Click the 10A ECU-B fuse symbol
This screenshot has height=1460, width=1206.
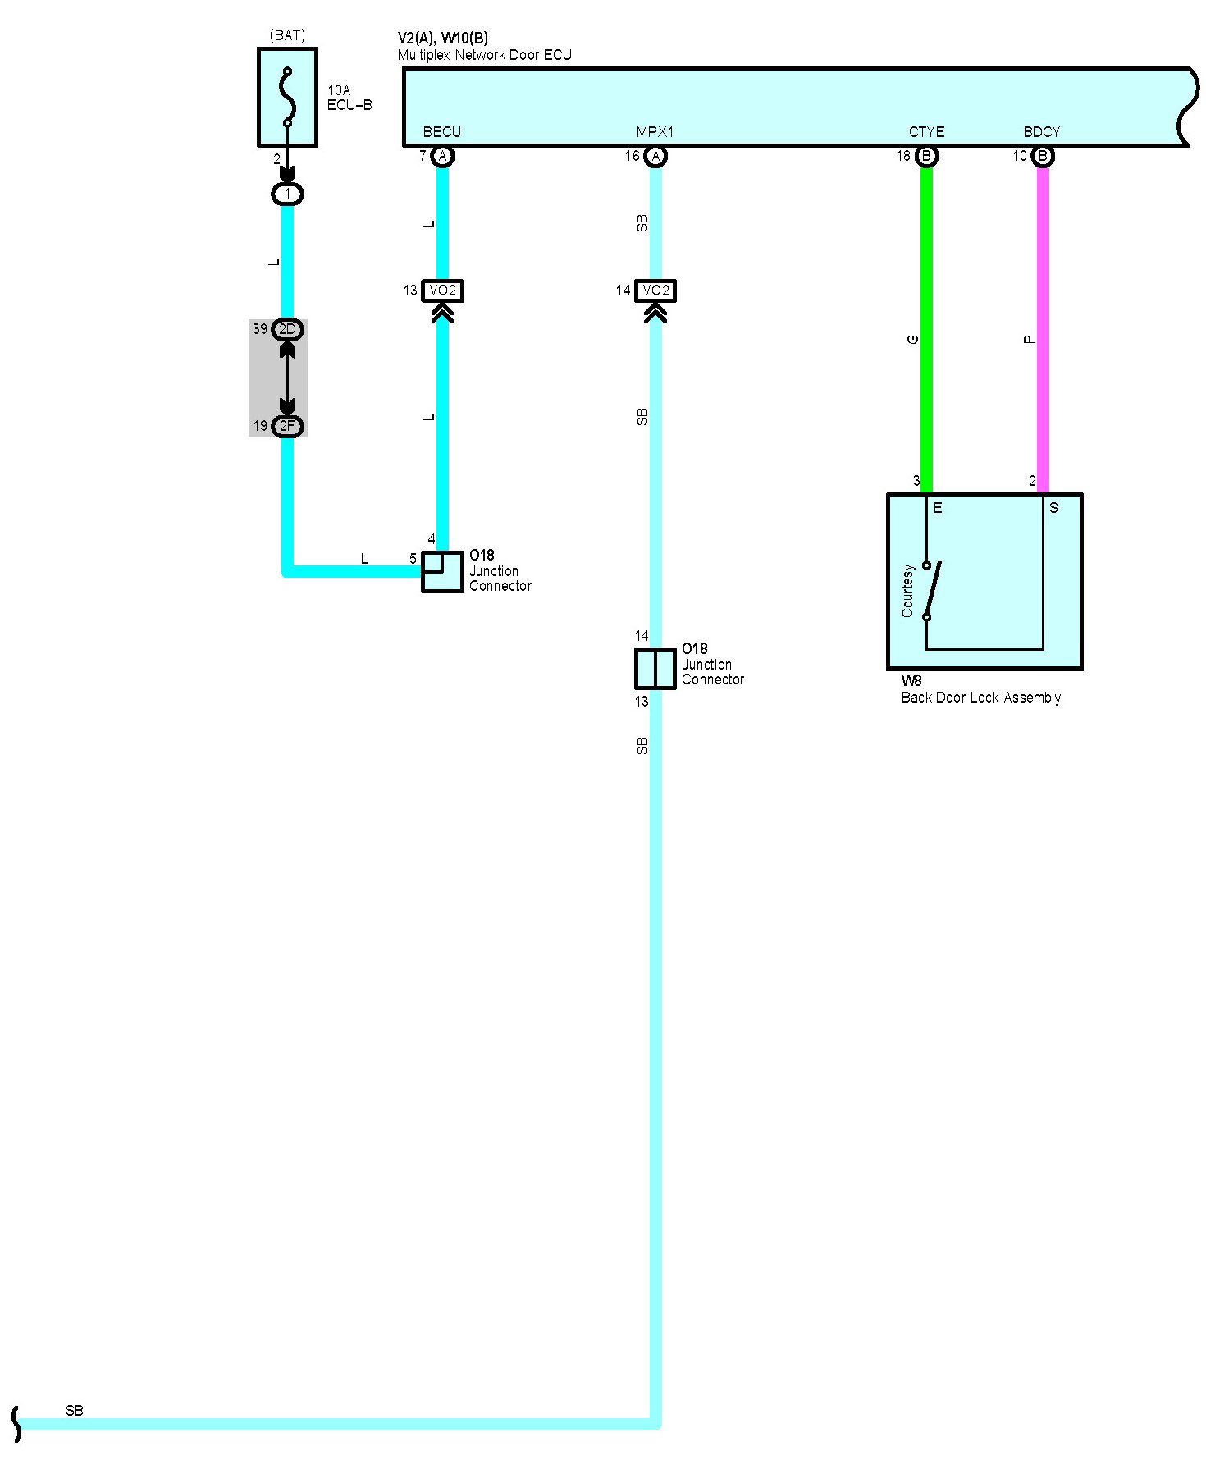coord(287,97)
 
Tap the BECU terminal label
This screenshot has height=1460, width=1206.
coord(441,132)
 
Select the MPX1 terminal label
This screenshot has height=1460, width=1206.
coord(655,132)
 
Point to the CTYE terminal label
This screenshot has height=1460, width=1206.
coord(926,132)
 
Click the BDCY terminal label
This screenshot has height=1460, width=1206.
coord(1042,132)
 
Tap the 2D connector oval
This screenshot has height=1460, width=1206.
coord(287,329)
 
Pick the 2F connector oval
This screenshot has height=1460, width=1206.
coord(287,426)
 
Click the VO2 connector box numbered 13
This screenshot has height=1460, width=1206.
coord(442,291)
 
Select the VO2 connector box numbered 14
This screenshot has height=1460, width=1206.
coord(656,291)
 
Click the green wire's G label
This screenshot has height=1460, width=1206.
coord(913,340)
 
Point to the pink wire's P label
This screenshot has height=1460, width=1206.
coord(1030,340)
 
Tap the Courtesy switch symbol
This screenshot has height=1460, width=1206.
coord(930,590)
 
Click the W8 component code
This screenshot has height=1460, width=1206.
coord(911,681)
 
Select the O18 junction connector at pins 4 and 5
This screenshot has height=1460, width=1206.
coord(442,571)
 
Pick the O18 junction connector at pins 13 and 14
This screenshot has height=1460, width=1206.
coord(656,669)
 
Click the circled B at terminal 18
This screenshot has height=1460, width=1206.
coord(926,156)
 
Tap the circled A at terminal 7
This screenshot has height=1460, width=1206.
coord(442,156)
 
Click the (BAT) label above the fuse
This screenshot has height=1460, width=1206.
coord(287,35)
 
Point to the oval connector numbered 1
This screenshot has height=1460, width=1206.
coord(287,195)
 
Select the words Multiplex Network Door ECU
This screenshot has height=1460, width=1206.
coord(484,55)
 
